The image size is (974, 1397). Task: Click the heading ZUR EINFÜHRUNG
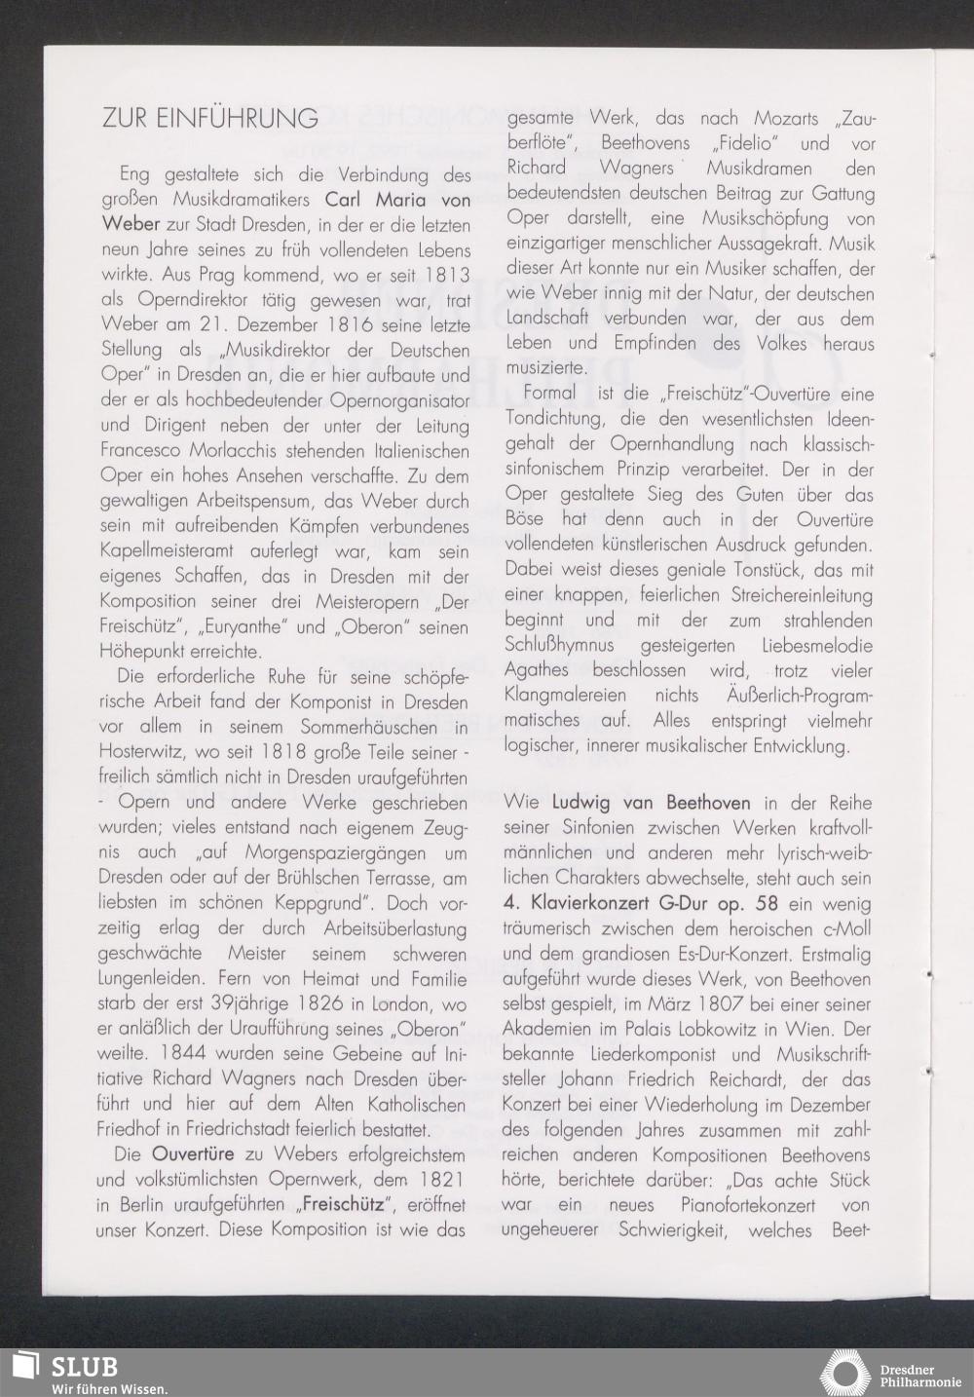pyautogui.click(x=209, y=118)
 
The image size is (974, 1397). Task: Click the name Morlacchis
pyautogui.click(x=221, y=452)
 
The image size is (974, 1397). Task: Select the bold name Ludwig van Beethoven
pyautogui.click(x=651, y=804)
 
